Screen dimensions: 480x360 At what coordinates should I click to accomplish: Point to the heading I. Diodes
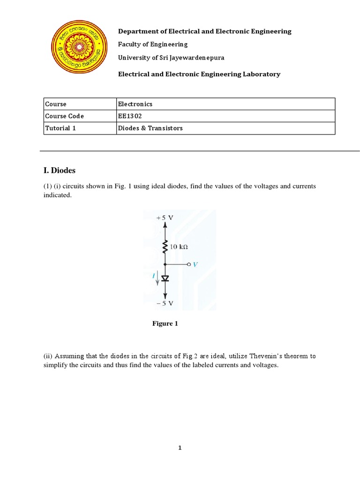point(60,171)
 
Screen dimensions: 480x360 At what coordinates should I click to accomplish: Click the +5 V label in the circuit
point(165,218)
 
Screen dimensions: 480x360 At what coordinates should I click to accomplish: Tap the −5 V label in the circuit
point(165,303)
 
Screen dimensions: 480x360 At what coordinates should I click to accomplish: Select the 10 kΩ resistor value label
point(180,246)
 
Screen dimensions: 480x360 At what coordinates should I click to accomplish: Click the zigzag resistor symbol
point(165,247)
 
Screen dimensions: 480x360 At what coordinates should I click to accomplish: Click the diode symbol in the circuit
point(165,278)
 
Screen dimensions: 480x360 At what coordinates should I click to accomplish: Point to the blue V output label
point(195,264)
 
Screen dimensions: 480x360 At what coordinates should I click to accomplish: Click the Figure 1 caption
point(165,323)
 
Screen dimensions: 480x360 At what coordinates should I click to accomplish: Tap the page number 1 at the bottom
point(180,448)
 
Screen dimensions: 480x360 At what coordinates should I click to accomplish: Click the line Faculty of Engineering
point(153,44)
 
